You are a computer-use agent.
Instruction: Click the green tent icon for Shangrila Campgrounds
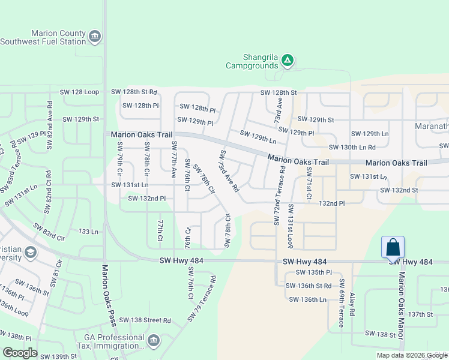click(288, 60)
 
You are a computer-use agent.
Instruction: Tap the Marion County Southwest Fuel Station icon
click(94, 38)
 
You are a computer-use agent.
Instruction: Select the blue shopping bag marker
click(393, 247)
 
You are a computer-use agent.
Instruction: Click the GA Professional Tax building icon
click(154, 341)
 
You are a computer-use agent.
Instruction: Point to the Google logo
click(20, 353)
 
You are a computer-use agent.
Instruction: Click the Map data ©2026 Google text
click(411, 355)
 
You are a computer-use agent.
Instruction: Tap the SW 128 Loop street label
click(79, 92)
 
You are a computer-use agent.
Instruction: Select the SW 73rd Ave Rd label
click(229, 171)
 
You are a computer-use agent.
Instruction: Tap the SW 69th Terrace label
click(341, 304)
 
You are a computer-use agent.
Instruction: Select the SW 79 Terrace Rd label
click(201, 298)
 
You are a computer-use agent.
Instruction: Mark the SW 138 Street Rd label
click(145, 321)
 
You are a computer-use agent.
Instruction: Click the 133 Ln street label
click(88, 231)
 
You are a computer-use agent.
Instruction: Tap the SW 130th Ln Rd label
click(352, 148)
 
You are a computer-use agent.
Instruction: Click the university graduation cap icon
click(30, 252)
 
